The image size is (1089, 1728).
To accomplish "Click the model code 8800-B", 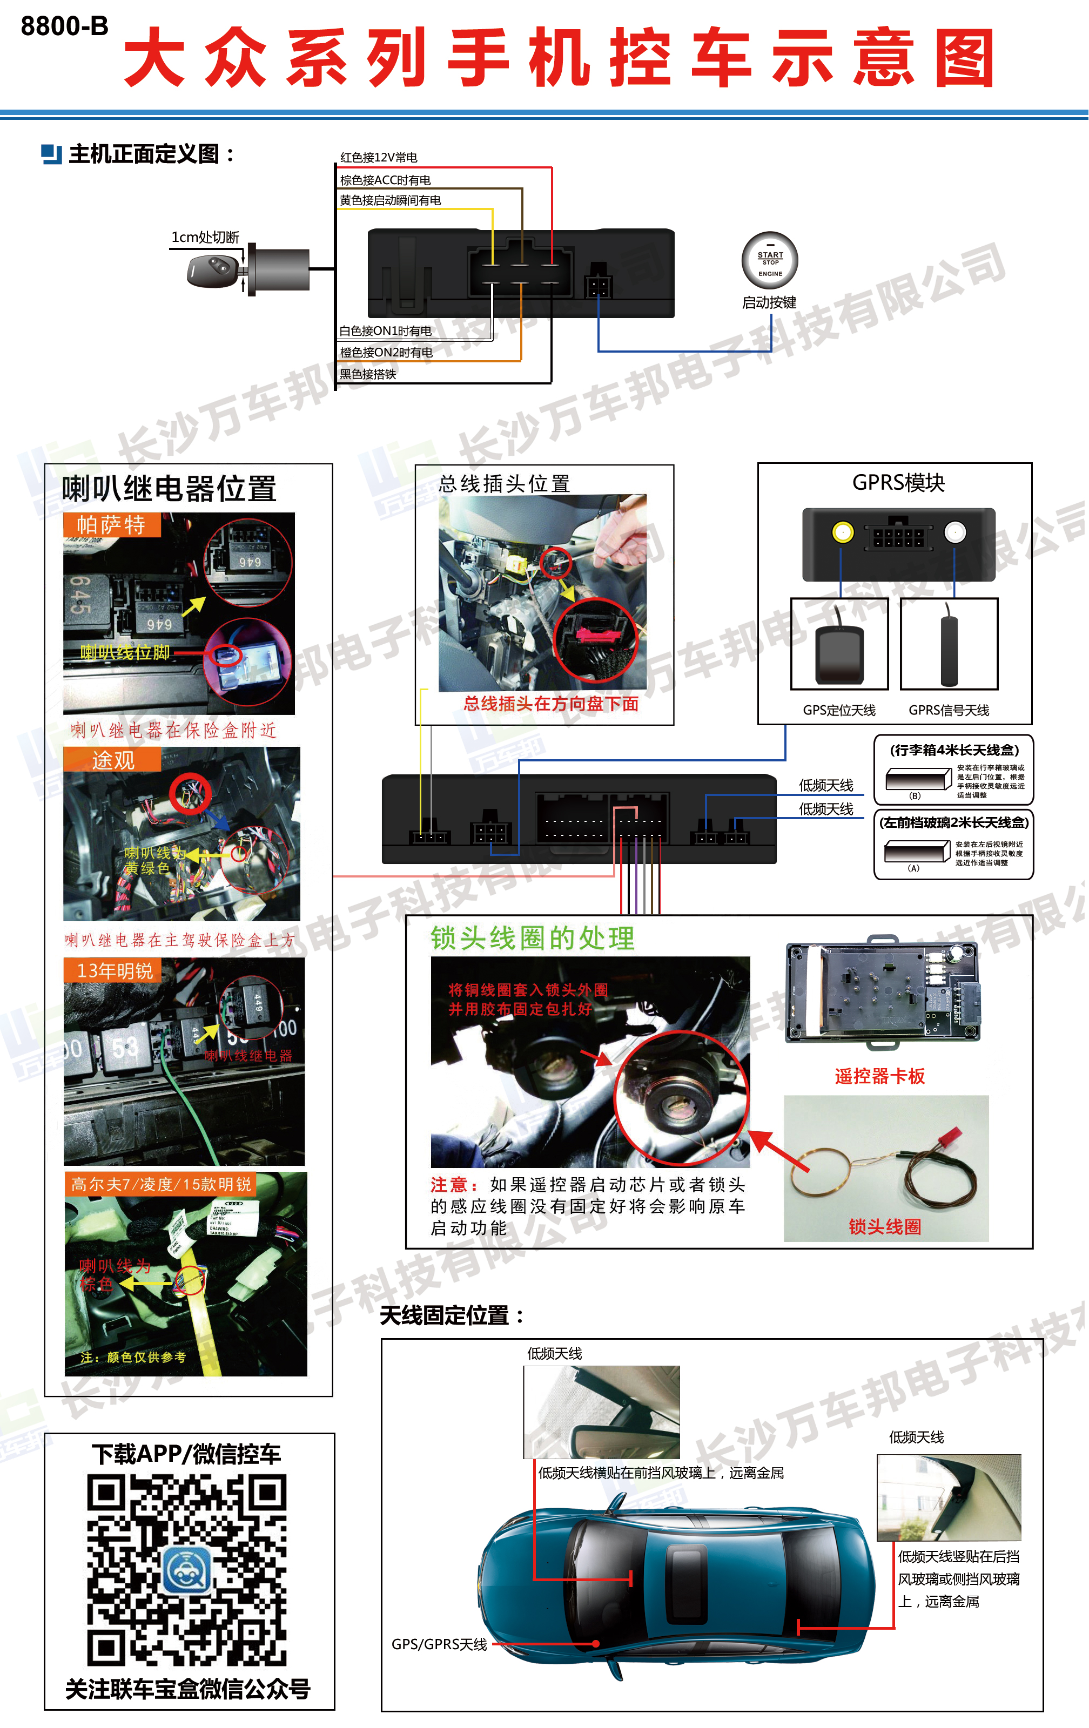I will (x=65, y=26).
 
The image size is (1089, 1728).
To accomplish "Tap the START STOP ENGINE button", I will (x=770, y=260).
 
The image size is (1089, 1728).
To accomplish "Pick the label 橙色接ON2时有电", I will (x=386, y=352).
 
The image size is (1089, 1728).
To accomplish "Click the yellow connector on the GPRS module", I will (x=842, y=532).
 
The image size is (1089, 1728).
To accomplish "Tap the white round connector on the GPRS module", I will (x=954, y=532).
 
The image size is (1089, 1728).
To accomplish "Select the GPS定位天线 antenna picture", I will (x=839, y=644).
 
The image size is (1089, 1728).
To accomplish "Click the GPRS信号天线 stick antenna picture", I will (x=949, y=644).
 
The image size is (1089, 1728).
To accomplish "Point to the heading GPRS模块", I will (x=898, y=483).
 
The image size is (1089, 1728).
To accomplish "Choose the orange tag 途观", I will (x=113, y=760).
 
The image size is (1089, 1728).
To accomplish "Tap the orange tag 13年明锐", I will (x=115, y=971).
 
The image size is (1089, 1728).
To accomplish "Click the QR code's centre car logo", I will (x=187, y=1569).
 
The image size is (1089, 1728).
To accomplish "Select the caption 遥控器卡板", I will (x=879, y=1076).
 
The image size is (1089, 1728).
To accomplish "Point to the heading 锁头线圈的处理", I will (x=532, y=939).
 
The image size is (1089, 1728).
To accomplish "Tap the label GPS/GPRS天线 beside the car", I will (x=439, y=1644).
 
